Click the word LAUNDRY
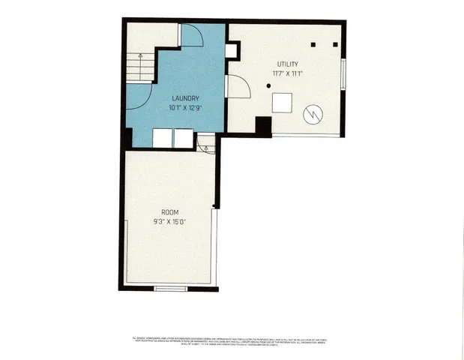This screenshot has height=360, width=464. click(185, 98)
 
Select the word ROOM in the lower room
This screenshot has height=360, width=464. click(169, 212)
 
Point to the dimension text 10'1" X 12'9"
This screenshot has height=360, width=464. click(185, 107)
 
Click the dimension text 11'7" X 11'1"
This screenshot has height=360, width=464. click(288, 73)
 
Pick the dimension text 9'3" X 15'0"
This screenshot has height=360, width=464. click(169, 221)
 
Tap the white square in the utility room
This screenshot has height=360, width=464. click(282, 102)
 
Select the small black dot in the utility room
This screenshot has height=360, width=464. click(268, 87)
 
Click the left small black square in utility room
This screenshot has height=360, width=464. click(316, 44)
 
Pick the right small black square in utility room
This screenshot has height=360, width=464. click(334, 44)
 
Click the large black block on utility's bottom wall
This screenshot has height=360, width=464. click(263, 126)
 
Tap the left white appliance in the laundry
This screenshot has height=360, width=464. click(163, 138)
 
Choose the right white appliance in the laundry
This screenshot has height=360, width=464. click(184, 138)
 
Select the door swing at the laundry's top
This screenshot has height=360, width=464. click(191, 35)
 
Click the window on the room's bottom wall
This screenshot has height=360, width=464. click(170, 289)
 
